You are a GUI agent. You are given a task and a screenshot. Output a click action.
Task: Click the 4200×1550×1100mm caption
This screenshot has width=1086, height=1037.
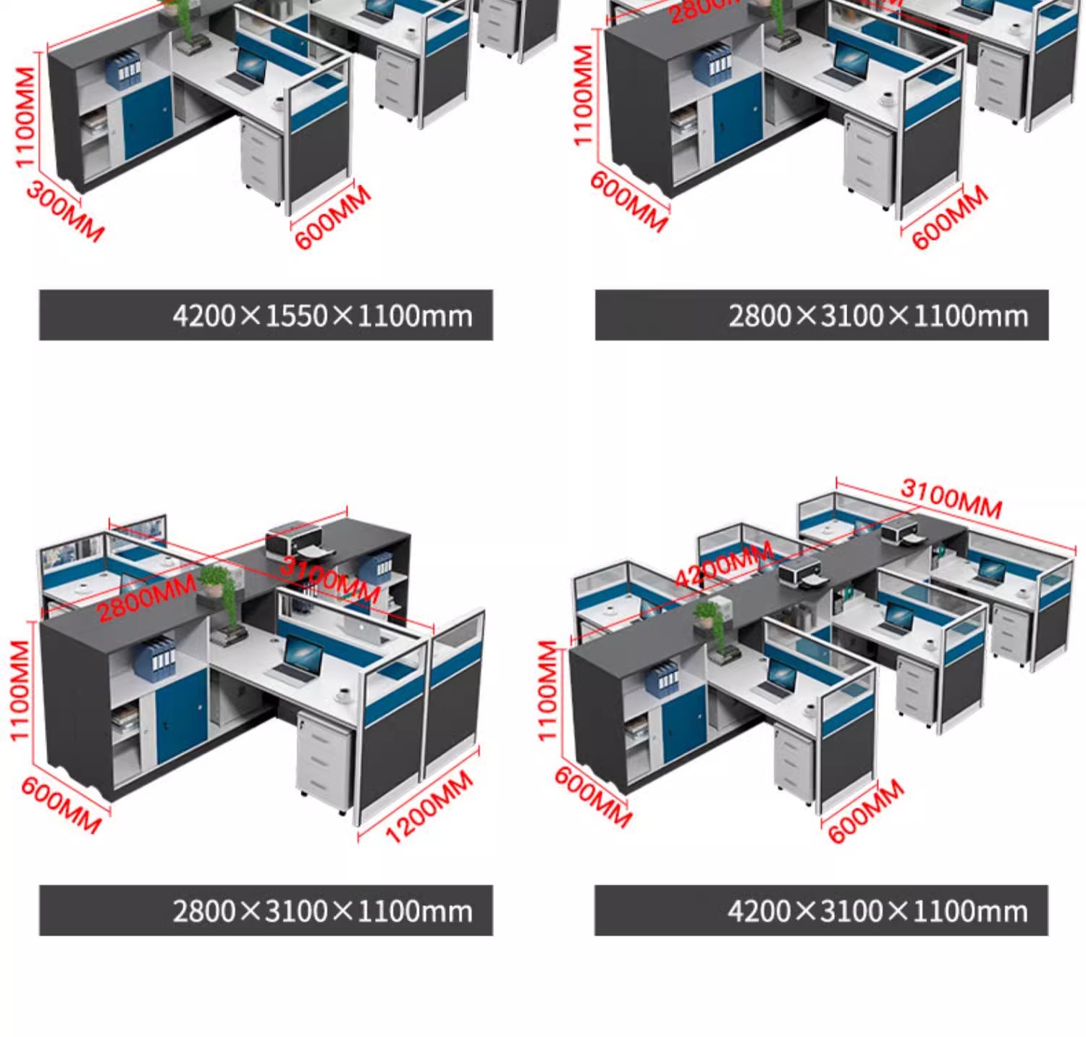pos(322,316)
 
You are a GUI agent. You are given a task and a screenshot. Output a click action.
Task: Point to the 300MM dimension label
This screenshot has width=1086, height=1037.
pos(65,211)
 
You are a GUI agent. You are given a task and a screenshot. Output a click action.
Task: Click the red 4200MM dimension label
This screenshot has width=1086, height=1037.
pos(723,566)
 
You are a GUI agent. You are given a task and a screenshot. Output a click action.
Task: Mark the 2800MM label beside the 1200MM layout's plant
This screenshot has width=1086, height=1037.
pos(146,598)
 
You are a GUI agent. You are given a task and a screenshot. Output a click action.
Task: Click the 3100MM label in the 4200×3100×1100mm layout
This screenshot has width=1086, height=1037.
pos(951,499)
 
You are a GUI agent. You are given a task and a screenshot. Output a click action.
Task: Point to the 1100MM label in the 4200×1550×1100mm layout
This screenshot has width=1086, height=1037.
pos(25,117)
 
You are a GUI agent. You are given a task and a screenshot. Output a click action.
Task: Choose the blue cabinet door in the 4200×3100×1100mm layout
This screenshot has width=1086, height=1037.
pos(683,723)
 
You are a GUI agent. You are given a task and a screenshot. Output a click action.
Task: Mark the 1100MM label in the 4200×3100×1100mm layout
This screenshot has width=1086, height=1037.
pos(549,691)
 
